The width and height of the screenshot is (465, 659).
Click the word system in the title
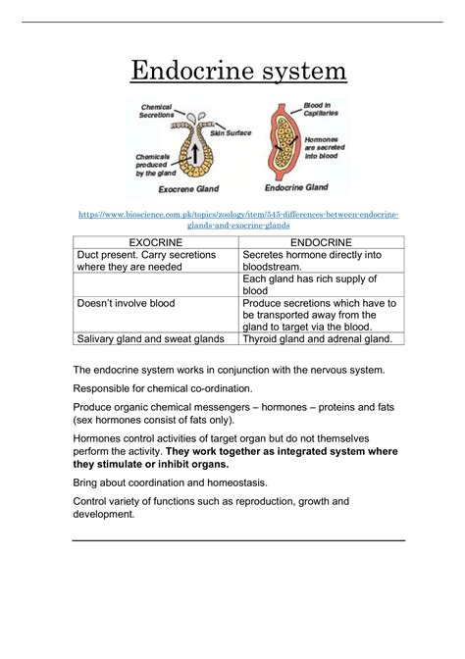(295, 71)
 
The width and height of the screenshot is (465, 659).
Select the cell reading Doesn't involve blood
(126, 304)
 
